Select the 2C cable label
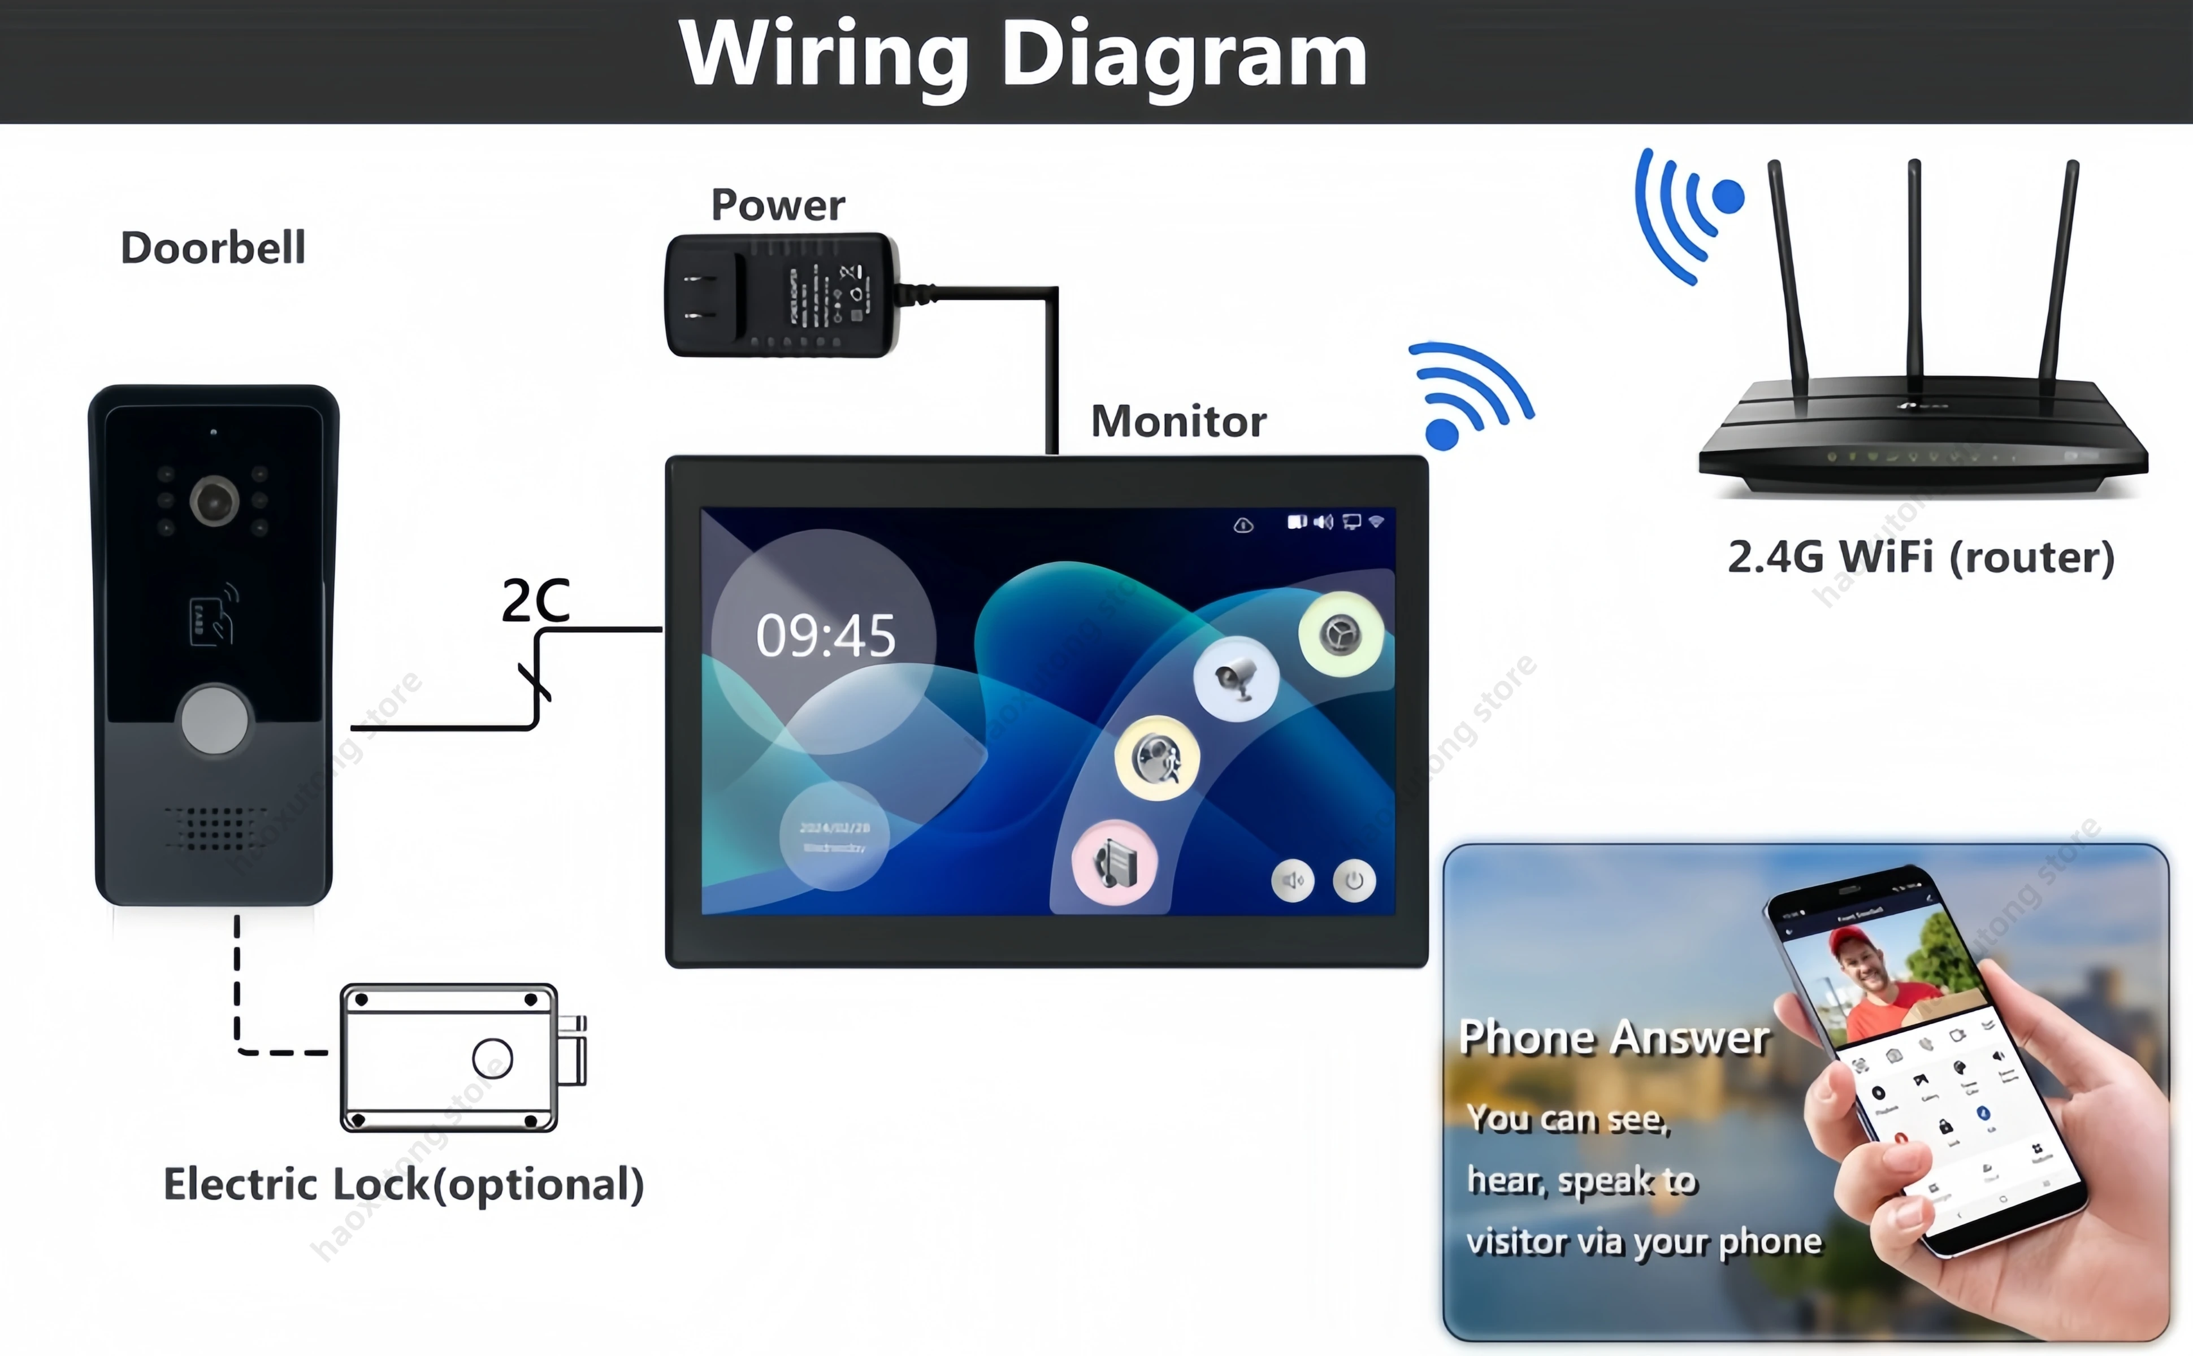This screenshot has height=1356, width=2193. [535, 600]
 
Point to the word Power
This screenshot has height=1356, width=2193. [778, 205]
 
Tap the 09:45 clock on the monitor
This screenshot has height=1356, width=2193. [825, 636]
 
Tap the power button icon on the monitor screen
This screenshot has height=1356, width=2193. [1354, 881]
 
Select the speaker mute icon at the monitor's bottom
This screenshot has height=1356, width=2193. [1293, 881]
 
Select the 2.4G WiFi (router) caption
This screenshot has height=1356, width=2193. [1921, 557]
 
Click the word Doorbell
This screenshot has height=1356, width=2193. [214, 247]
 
